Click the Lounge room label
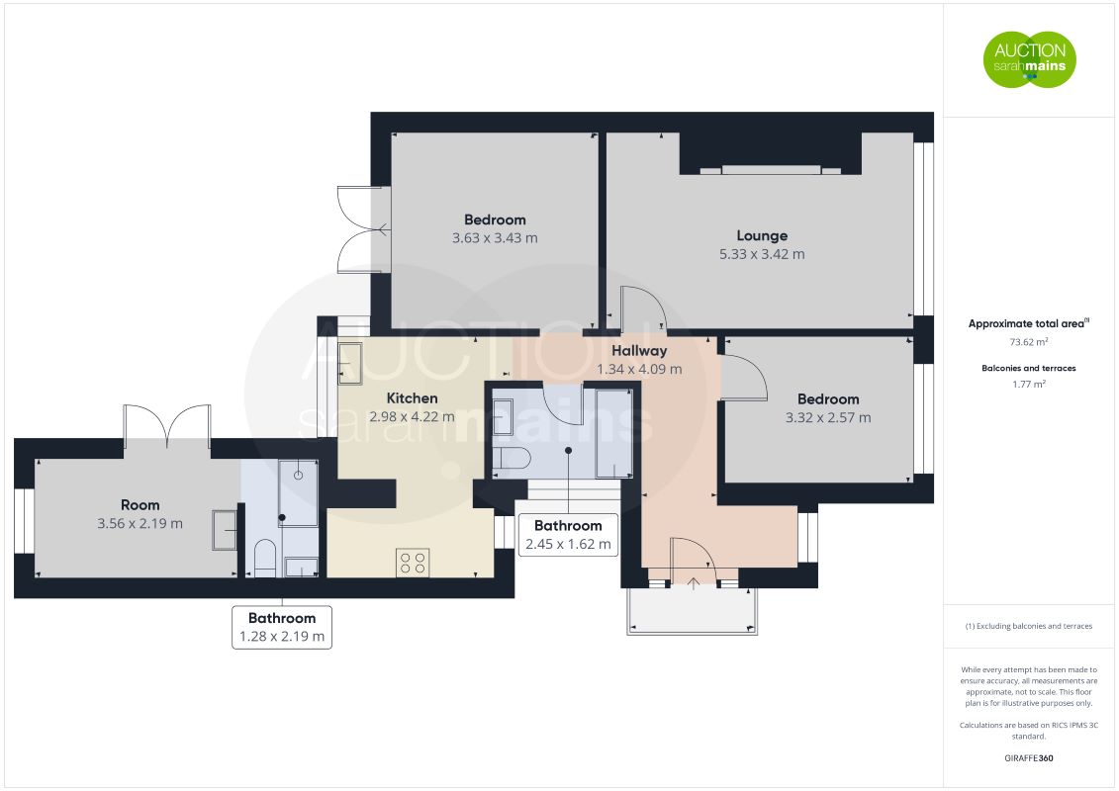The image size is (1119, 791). [762, 235]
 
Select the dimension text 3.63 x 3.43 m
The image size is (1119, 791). [495, 238]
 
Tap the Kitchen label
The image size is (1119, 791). [412, 398]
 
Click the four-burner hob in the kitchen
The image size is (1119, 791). [413, 562]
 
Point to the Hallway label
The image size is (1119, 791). [639, 351]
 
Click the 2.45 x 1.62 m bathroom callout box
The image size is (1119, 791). [568, 535]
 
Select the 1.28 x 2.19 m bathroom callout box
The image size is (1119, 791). [282, 627]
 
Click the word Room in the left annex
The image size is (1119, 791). [140, 505]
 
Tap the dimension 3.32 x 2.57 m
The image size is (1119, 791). [828, 418]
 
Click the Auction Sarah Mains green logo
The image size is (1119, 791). [1029, 59]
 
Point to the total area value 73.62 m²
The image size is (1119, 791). [1028, 342]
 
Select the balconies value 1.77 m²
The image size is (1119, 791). [1028, 384]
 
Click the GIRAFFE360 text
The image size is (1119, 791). [1028, 758]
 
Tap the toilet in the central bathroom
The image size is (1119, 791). [511, 458]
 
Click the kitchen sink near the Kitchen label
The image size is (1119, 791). [349, 364]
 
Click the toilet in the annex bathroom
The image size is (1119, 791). [265, 558]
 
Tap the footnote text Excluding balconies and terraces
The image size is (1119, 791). [1034, 626]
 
